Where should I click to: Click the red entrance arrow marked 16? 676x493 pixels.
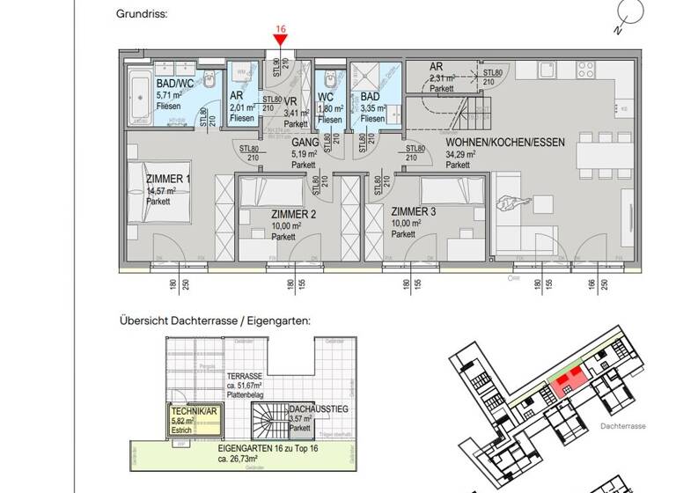pos(281,40)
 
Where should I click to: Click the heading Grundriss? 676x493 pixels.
pos(141,15)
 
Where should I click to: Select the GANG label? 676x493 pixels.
pos(305,142)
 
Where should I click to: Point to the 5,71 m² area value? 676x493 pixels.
pos(170,95)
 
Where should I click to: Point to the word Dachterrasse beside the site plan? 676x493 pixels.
pos(624,426)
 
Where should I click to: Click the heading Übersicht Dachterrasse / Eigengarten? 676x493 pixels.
pos(215,321)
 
